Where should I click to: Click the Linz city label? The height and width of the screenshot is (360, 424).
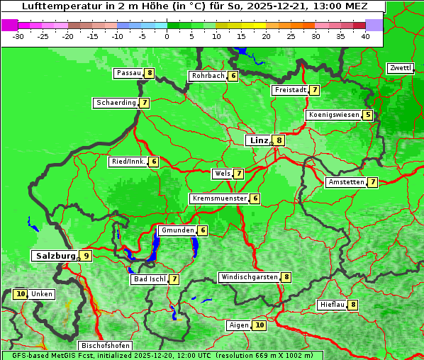[258, 140]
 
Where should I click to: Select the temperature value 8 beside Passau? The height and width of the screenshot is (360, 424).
[150, 73]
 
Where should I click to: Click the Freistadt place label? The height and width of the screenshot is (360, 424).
[290, 90]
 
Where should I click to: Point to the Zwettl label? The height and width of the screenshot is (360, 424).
[400, 68]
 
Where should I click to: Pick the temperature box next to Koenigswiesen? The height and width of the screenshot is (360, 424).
[367, 115]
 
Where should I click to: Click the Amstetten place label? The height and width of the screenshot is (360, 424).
[345, 182]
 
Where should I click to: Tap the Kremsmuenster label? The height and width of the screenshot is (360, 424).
[219, 198]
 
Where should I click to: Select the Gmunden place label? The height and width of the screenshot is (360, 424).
[177, 230]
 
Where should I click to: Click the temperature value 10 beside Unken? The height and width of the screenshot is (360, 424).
[20, 294]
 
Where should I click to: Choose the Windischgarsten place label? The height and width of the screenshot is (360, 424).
[249, 277]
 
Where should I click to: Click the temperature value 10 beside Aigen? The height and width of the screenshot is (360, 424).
[260, 325]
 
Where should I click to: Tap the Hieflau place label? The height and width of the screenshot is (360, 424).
[332, 305]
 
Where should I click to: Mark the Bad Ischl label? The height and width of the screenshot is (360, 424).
[150, 279]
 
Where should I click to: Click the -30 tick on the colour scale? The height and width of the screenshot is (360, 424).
[18, 36]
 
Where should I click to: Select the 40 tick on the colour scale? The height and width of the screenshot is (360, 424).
[365, 36]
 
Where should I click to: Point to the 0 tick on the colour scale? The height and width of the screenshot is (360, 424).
[167, 36]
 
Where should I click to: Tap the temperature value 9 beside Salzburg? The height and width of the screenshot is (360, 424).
[86, 256]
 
